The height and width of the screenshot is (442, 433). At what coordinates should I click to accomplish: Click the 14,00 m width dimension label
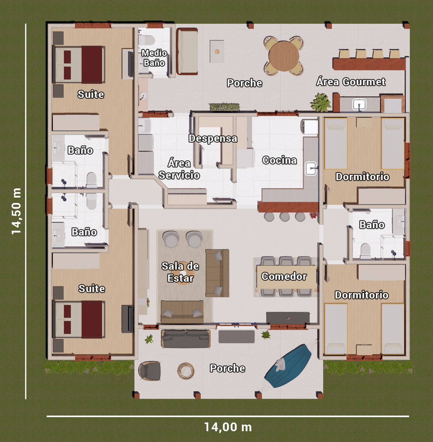[228, 427]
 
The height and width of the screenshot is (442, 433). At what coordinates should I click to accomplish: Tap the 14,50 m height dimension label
[16, 211]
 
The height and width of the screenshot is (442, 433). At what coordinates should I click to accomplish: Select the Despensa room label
[213, 138]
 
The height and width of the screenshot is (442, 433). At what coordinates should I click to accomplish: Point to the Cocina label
[279, 160]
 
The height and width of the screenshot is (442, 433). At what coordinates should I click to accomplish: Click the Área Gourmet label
[351, 82]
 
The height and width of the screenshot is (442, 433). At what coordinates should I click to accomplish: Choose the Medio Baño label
[154, 58]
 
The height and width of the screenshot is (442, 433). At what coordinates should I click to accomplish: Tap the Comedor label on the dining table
[284, 276]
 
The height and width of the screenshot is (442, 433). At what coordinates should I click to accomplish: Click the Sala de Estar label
[180, 272]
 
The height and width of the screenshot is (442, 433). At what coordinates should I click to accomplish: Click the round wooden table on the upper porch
[284, 56]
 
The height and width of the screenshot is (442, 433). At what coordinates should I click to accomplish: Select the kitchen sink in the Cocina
[311, 168]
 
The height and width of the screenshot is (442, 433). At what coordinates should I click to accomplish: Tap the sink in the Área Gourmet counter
[359, 104]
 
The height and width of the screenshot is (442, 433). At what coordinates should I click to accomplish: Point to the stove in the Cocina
[309, 127]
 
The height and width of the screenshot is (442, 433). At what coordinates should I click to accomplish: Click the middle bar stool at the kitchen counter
[284, 217]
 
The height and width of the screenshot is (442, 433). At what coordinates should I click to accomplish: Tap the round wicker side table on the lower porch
[186, 371]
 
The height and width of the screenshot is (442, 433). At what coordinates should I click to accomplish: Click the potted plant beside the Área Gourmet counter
[321, 102]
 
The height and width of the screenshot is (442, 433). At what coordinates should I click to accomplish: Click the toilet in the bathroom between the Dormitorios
[365, 251]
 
